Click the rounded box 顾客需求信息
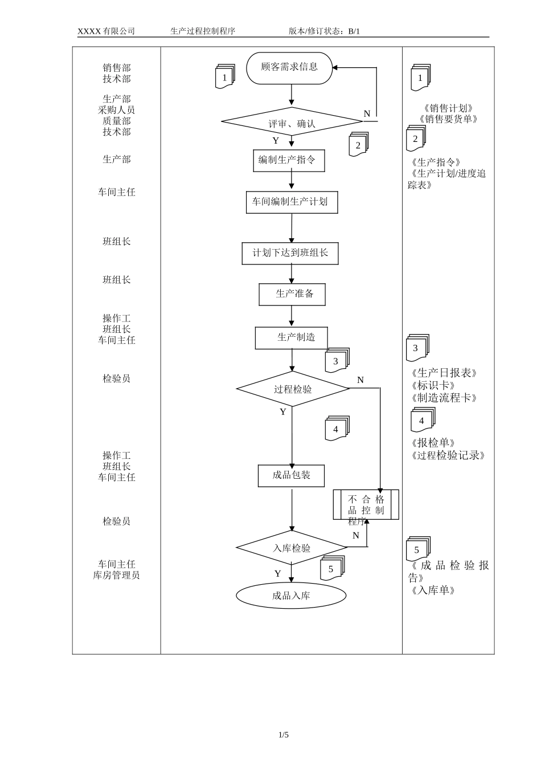tap(289, 67)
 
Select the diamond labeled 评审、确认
tap(292, 122)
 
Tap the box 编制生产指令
tap(289, 160)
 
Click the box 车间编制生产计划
tap(292, 202)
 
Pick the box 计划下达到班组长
tap(290, 253)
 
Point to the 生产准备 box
tap(293, 294)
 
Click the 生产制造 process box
tap(292, 337)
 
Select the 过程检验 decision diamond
tap(293, 389)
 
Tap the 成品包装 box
tap(292, 475)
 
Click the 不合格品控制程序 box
tap(366, 505)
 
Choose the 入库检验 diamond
tap(292, 548)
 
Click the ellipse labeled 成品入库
tap(291, 596)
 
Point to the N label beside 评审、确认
tap(367, 114)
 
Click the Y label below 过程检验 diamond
tap(283, 412)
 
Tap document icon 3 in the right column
tap(416, 348)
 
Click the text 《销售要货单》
tap(448, 119)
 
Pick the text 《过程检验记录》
tap(448, 456)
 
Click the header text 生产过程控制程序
tap(203, 31)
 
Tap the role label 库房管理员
tap(116, 576)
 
